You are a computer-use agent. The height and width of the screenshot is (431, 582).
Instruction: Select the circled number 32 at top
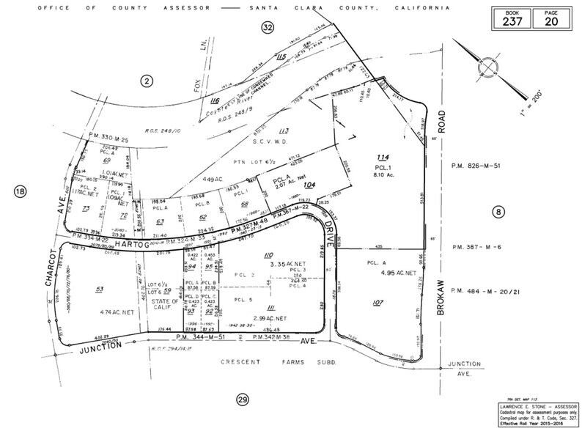pos(267,27)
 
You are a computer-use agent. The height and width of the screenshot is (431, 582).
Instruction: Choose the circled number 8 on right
pos(498,213)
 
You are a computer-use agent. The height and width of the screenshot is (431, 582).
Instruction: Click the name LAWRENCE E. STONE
pos(517,406)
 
